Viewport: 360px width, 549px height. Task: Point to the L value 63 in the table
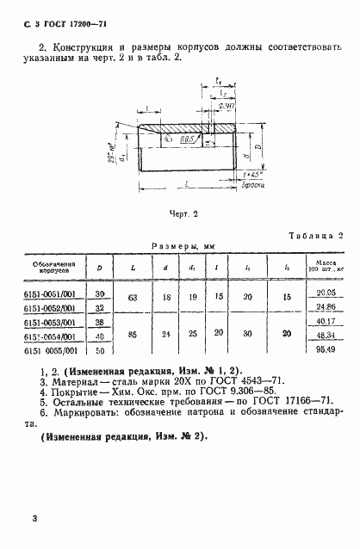tap(132, 299)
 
